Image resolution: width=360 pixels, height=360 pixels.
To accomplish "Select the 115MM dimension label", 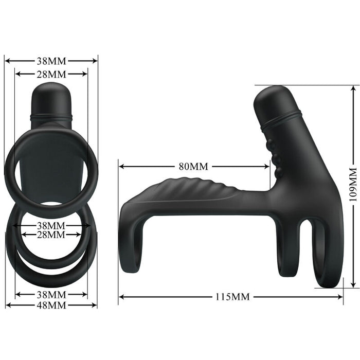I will pos(232,297).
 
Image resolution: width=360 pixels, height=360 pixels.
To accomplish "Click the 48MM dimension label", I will pos(51,305).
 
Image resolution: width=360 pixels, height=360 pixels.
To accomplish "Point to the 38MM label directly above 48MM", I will pos(51,295).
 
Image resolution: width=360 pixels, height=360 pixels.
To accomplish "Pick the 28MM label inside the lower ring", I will pos(51,235).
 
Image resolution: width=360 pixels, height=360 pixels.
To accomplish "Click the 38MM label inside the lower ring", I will pos(51,225).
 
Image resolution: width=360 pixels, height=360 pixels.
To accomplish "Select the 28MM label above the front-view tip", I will pos(51,74).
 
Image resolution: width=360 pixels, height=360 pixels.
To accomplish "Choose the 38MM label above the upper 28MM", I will pos(51,60).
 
